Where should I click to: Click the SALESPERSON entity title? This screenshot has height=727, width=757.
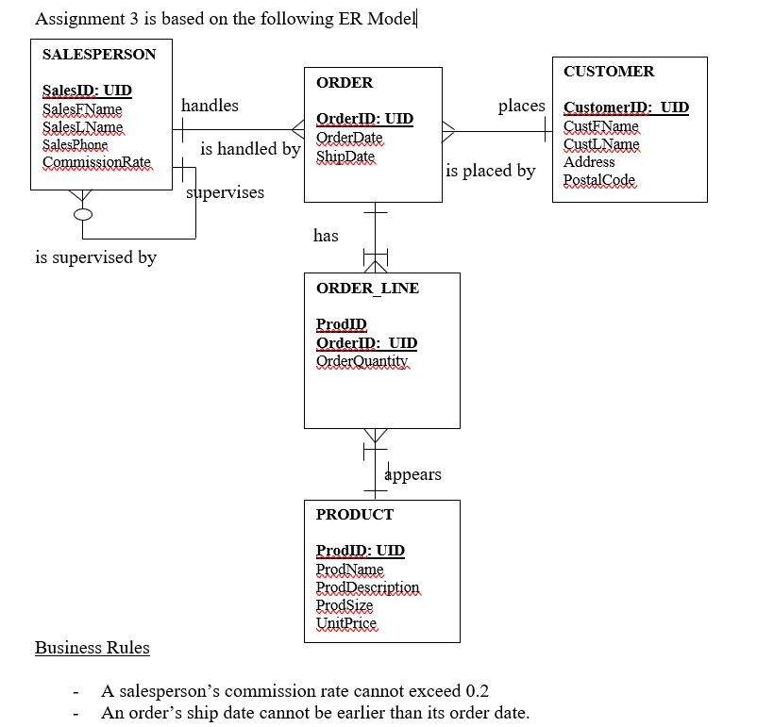point(99,55)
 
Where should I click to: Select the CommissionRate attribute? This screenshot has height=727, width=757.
point(96,162)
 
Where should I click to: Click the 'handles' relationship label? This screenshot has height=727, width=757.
point(210,106)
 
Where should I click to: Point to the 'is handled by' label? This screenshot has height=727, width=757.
point(250,149)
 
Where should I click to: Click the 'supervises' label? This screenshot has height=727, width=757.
point(225,192)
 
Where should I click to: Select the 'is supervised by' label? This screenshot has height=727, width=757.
point(95,256)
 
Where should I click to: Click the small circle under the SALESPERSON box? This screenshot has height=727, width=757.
point(84,214)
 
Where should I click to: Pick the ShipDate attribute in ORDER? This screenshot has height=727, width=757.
point(345,156)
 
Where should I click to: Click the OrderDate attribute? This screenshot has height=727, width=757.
point(349,138)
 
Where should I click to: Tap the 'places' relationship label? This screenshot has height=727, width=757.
point(521,106)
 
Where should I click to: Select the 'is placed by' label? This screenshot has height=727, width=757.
point(490,171)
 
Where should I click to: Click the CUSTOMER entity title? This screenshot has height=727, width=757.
point(608,72)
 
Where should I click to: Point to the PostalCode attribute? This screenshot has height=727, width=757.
point(599,180)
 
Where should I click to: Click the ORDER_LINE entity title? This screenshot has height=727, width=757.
point(367,289)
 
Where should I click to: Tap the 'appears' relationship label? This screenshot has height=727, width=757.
point(412,474)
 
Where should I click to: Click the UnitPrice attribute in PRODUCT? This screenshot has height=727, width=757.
point(345,623)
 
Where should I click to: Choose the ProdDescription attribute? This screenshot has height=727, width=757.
point(367,587)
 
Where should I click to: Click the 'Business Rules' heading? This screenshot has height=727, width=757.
point(92,648)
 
